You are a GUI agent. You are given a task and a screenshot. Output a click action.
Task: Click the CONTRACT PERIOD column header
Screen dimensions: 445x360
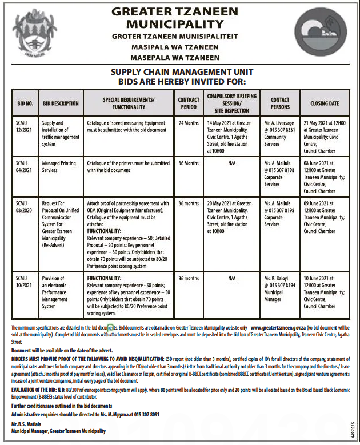[x=188, y=103]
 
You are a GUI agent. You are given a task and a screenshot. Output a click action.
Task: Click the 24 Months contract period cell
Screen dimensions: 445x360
[x=188, y=123]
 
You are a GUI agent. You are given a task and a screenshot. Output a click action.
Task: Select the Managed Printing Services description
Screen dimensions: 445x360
[x=58, y=166]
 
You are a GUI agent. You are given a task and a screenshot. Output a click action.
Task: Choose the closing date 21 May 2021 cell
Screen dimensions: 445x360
[x=324, y=133]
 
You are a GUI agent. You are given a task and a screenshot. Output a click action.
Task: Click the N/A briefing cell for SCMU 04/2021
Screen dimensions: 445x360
[x=231, y=163]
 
